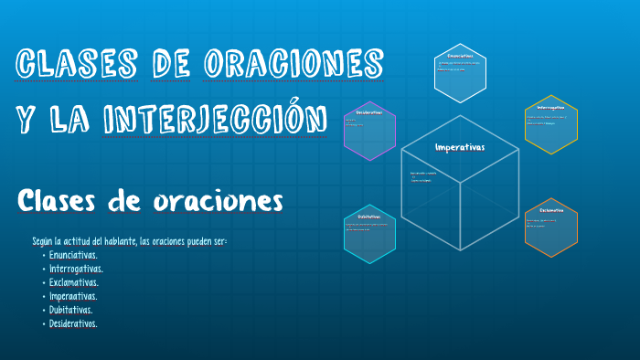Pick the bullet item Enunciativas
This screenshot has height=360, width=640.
point(74,255)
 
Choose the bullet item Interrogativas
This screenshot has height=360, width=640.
point(77,269)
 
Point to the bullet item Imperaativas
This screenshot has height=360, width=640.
point(74,296)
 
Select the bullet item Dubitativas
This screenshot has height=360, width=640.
point(71,310)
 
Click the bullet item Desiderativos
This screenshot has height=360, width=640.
point(74,323)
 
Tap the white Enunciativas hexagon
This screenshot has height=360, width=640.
point(460,73)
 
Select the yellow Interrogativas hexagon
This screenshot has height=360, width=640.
point(551,124)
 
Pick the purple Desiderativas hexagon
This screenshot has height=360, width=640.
point(369,131)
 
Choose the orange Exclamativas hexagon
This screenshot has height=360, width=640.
point(551,227)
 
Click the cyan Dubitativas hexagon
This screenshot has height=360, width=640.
point(369,233)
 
